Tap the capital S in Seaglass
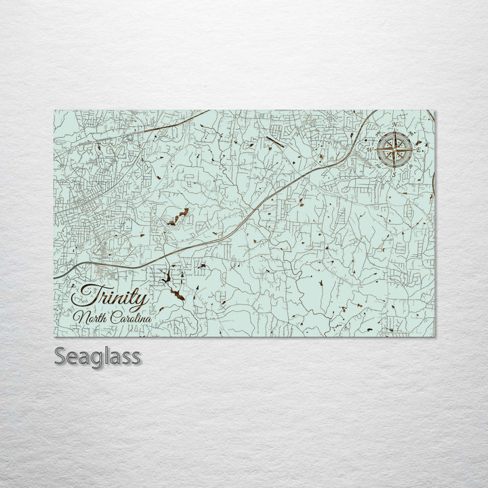[58, 356]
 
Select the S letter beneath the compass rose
[393, 174]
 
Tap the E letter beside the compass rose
[418, 149]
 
